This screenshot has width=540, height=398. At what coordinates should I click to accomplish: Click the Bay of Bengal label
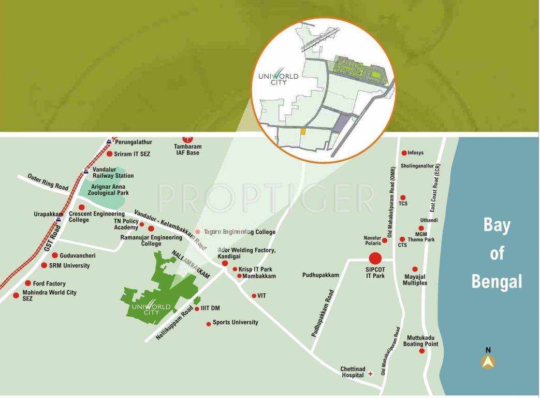(x=497, y=253)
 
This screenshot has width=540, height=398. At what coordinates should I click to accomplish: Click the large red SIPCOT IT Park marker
(x=375, y=258)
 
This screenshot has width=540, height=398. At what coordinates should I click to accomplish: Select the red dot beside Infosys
(x=404, y=153)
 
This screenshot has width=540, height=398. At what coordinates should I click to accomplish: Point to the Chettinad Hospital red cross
(x=370, y=374)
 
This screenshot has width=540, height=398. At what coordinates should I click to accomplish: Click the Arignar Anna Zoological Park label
(x=101, y=190)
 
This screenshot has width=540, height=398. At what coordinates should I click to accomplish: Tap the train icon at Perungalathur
(x=109, y=141)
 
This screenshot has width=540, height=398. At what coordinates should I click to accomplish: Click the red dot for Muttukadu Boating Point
(x=422, y=351)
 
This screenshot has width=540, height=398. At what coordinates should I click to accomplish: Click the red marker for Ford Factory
(x=28, y=283)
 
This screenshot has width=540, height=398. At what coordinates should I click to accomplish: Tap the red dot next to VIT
(x=254, y=296)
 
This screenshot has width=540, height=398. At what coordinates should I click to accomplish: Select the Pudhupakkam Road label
(x=322, y=313)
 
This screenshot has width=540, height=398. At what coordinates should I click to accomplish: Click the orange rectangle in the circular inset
(x=303, y=132)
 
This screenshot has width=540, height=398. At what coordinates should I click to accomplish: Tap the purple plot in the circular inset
(x=341, y=124)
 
